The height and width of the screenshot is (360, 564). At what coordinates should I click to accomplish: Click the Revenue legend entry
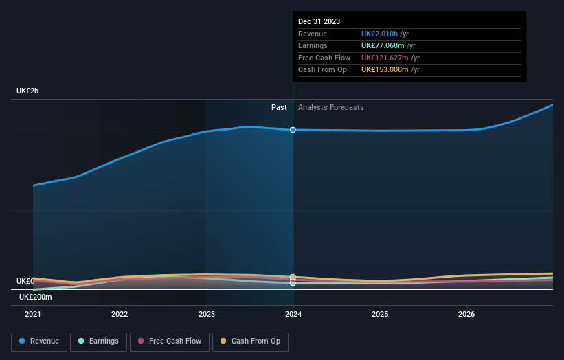coord(39,341)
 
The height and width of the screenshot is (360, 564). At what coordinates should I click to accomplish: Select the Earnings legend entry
coord(99,341)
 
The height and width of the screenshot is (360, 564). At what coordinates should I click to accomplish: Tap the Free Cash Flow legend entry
coord(169,341)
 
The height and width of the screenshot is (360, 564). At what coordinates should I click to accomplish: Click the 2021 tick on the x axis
coord(33,314)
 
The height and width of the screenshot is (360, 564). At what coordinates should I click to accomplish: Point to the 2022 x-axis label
coord(120,314)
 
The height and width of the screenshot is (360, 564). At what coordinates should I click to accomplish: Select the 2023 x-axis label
coord(207,314)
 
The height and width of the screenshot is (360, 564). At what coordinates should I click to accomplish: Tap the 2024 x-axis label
coord(293,314)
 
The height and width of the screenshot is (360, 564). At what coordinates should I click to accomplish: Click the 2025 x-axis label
coord(380,314)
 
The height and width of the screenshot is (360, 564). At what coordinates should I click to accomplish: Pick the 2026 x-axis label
coord(466,314)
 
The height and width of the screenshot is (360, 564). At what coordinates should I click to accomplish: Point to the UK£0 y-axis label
coord(25,282)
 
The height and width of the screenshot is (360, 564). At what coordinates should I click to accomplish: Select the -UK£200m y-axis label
coord(34,297)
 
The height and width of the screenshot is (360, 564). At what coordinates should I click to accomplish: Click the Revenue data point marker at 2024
coord(293,130)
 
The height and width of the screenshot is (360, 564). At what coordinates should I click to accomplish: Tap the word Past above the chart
coord(279,107)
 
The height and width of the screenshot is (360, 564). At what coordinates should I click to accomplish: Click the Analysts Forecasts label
coord(330,107)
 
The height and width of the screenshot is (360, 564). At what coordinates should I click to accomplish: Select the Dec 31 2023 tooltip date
coord(319,22)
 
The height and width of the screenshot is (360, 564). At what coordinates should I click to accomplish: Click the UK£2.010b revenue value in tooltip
coord(385,34)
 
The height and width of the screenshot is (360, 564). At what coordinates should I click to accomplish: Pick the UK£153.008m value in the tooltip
coord(390,69)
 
